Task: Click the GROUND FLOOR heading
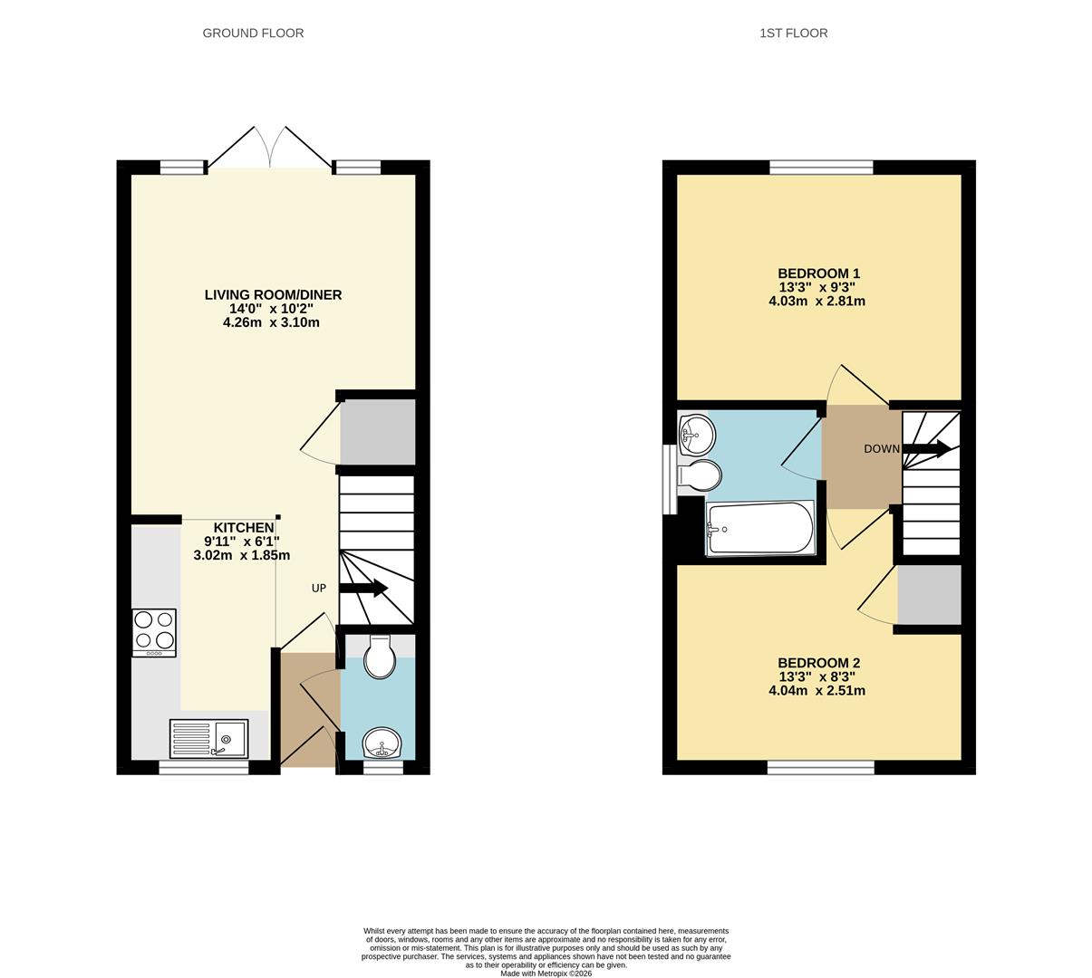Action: (253, 34)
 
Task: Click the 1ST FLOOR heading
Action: (793, 34)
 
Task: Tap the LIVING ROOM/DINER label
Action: (273, 295)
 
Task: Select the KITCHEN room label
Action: (243, 528)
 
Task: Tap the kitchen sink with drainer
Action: (209, 739)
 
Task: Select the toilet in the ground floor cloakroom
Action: (379, 657)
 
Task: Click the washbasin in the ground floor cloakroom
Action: (382, 744)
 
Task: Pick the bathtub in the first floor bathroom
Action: (760, 528)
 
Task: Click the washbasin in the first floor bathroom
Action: (696, 436)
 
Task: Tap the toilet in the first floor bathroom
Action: (700, 475)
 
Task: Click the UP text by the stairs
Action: (319, 589)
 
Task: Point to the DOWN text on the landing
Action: (881, 449)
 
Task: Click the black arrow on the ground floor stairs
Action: (364, 589)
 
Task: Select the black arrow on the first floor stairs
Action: (927, 448)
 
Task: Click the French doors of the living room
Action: (269, 147)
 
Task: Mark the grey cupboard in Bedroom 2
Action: (929, 595)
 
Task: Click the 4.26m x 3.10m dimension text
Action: (271, 322)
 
